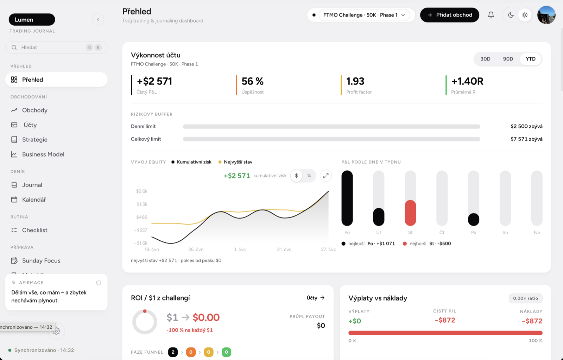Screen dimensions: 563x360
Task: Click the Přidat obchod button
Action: (x=449, y=15)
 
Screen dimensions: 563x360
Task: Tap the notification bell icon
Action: (x=491, y=15)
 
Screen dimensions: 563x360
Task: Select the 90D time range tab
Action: (x=508, y=59)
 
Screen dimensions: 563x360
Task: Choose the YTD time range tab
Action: (x=531, y=59)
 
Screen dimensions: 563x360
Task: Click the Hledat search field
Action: (x=56, y=47)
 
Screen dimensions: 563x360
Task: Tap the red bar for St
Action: (x=410, y=213)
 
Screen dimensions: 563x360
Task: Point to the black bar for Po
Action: (x=347, y=198)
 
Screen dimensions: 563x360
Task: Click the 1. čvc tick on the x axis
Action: (x=240, y=250)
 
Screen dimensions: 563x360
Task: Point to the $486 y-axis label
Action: (x=142, y=217)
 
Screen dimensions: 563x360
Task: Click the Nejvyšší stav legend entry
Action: (x=235, y=162)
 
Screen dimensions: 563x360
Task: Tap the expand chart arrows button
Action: (x=326, y=176)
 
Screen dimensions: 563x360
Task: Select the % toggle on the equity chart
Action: (x=309, y=176)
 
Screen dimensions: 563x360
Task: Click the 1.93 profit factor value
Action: (x=355, y=81)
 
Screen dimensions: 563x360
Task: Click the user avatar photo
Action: (x=546, y=15)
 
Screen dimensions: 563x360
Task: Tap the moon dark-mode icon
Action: (x=511, y=15)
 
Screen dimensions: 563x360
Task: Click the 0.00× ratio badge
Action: (x=526, y=298)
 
